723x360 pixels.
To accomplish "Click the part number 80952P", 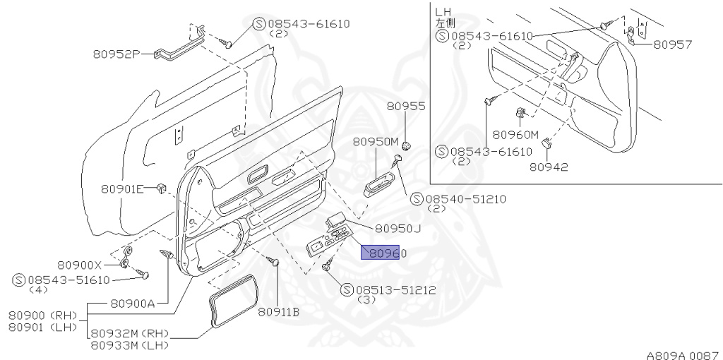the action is pos(116,54).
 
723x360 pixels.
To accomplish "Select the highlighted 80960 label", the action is pos(381,253).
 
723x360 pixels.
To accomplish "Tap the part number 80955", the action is pos(406,107).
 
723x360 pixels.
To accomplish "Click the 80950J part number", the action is pos(398,229).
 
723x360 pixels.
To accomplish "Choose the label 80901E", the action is pos(122,188).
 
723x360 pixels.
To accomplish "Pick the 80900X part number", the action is pos(80,265).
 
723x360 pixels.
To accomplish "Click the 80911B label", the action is pos(278,311).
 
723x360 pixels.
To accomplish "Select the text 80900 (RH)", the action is pos(42,315).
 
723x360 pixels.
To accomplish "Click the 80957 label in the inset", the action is pos(672,44).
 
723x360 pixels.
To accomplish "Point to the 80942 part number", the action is pos(547,167).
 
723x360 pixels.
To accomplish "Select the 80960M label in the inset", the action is pos(515,134).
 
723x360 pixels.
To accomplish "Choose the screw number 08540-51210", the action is pos(466,199).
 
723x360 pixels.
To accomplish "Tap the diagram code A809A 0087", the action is pos(681,354).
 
